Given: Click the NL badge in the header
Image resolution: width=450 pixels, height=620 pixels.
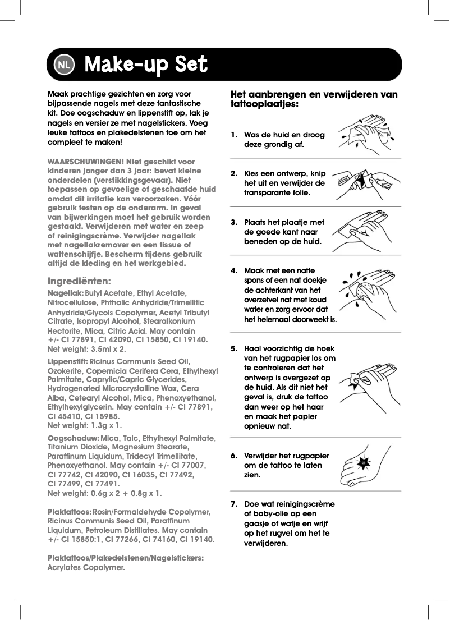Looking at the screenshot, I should (x=63, y=65).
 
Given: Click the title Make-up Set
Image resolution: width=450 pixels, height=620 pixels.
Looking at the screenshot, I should (x=145, y=65).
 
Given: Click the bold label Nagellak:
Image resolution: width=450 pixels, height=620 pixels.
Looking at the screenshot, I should (x=66, y=293).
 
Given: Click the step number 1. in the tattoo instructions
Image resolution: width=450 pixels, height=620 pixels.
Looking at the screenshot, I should (x=235, y=135).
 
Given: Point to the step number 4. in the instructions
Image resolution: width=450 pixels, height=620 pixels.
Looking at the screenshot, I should (x=235, y=270).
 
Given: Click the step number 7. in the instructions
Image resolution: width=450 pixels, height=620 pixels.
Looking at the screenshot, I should (x=235, y=504).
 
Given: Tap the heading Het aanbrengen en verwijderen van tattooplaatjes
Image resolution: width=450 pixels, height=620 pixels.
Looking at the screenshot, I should (x=314, y=99).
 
